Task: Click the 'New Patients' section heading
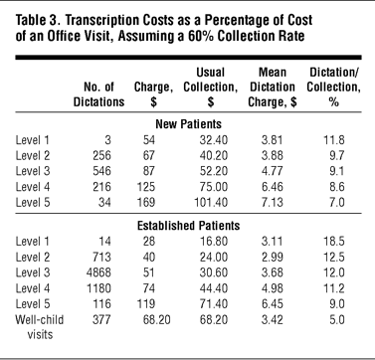[188, 124]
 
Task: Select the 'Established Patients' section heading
[188, 226]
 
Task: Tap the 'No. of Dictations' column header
[98, 94]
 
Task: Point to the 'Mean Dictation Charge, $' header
[273, 88]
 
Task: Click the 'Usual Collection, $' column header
[210, 88]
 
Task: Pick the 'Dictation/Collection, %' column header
[333, 88]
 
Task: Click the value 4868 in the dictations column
[98, 272]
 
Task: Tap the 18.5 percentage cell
[334, 242]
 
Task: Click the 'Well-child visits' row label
[40, 327]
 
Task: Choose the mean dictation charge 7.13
[272, 202]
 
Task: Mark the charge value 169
[146, 202]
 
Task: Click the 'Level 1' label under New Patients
[32, 140]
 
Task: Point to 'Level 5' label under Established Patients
[33, 304]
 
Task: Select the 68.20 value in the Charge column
[157, 320]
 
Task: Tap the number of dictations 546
[101, 171]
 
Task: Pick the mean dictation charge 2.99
[272, 257]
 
